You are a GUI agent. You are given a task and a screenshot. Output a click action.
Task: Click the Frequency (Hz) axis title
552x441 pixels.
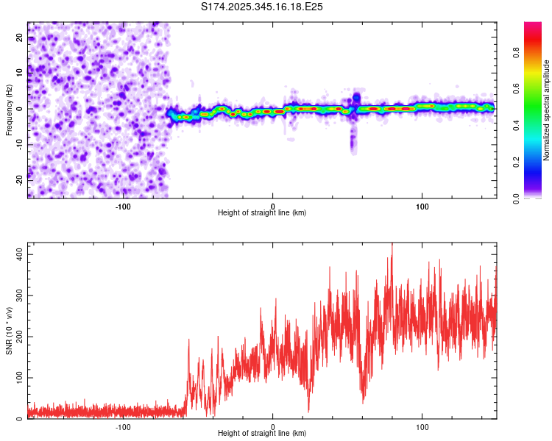(9, 110)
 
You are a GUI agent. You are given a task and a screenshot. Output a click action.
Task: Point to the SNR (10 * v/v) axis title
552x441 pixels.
(9, 331)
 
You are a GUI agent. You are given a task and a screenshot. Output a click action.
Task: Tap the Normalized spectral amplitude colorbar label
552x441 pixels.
(548, 110)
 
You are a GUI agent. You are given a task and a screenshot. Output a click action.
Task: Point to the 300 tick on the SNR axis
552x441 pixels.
(16, 295)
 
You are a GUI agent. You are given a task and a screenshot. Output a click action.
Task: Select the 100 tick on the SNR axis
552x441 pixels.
(16, 378)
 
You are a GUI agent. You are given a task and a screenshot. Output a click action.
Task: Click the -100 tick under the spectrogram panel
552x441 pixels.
(123, 205)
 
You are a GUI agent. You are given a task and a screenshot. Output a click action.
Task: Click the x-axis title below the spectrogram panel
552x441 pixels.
(262, 213)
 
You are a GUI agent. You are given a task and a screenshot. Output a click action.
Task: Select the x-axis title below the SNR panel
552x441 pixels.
(262, 434)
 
